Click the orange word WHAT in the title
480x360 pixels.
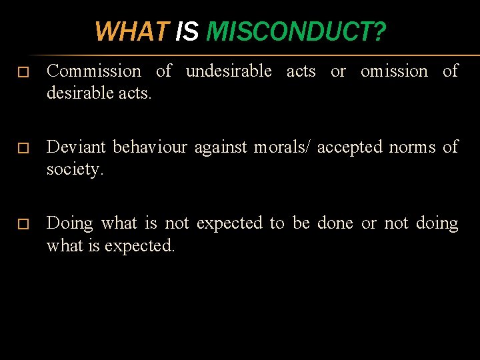(133, 31)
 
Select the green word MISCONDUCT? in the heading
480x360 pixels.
(295, 31)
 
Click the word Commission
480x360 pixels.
(94, 71)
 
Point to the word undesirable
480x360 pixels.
(228, 71)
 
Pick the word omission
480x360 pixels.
(394, 71)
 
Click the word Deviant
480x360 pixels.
(77, 147)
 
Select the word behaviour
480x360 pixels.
(151, 147)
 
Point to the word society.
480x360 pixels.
(75, 169)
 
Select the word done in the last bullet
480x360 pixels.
(335, 223)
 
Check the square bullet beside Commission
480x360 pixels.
(23, 72)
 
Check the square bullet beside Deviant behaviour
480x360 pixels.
(23, 147)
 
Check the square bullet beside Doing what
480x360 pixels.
(23, 224)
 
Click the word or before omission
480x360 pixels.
(338, 71)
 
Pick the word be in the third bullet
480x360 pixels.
(301, 223)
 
